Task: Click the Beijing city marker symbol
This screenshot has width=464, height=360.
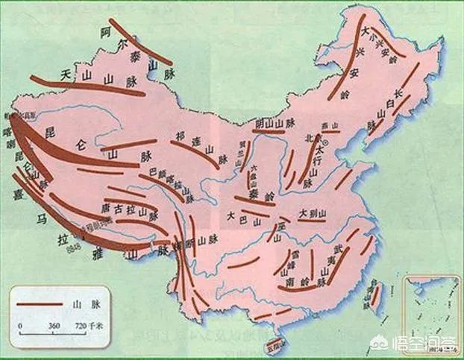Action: point(325,139)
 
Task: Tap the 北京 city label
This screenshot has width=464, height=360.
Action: point(312,138)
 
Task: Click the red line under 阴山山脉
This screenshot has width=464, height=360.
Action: point(276,130)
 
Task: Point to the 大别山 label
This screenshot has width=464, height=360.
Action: point(313,213)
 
